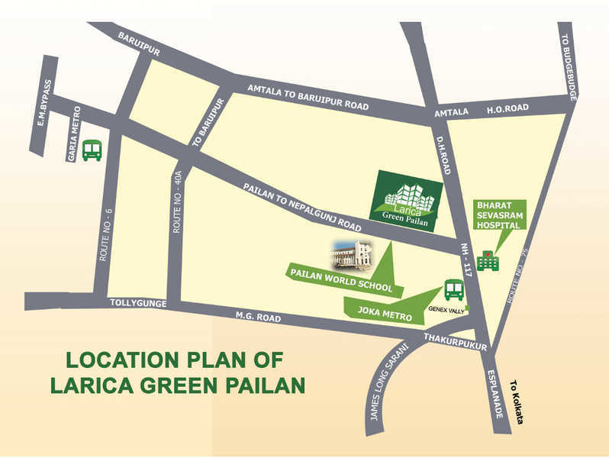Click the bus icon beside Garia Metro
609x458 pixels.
coord(92,150)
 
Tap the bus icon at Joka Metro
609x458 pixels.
coord(454,290)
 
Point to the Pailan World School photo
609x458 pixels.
coord(351,255)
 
